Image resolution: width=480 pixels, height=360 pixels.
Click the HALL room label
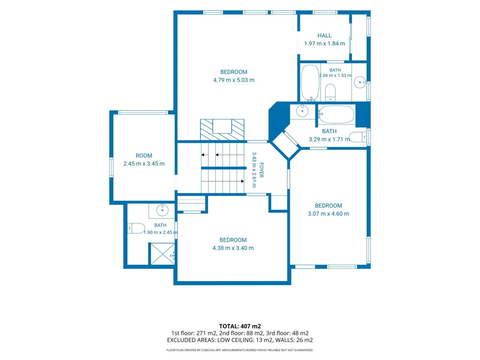(x=324, y=35)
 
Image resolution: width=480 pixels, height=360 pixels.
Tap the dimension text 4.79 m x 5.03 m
(x=233, y=80)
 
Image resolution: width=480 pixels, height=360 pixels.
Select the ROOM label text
(x=144, y=156)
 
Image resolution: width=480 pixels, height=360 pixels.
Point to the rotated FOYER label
(x=261, y=170)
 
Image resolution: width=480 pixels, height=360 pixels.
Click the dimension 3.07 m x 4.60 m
(x=328, y=214)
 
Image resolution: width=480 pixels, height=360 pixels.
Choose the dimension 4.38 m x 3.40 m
(x=233, y=248)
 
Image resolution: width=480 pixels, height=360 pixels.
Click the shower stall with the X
(x=163, y=253)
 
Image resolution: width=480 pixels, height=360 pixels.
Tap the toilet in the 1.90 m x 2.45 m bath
(x=136, y=228)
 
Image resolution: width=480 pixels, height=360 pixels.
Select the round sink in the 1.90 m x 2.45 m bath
(x=162, y=210)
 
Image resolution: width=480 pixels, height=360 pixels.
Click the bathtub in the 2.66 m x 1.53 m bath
(x=310, y=83)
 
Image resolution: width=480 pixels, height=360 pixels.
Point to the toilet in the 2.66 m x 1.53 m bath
(x=330, y=92)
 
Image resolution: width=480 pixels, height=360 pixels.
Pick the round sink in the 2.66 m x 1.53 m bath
(x=360, y=82)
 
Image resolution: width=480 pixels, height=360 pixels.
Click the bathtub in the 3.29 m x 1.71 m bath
(x=336, y=114)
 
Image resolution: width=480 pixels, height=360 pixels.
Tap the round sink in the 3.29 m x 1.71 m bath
(x=302, y=111)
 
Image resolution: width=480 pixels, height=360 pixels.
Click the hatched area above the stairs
(x=222, y=130)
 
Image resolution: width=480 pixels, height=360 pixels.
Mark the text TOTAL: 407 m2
(x=240, y=326)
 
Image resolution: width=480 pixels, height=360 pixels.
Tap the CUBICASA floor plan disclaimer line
(x=240, y=350)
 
